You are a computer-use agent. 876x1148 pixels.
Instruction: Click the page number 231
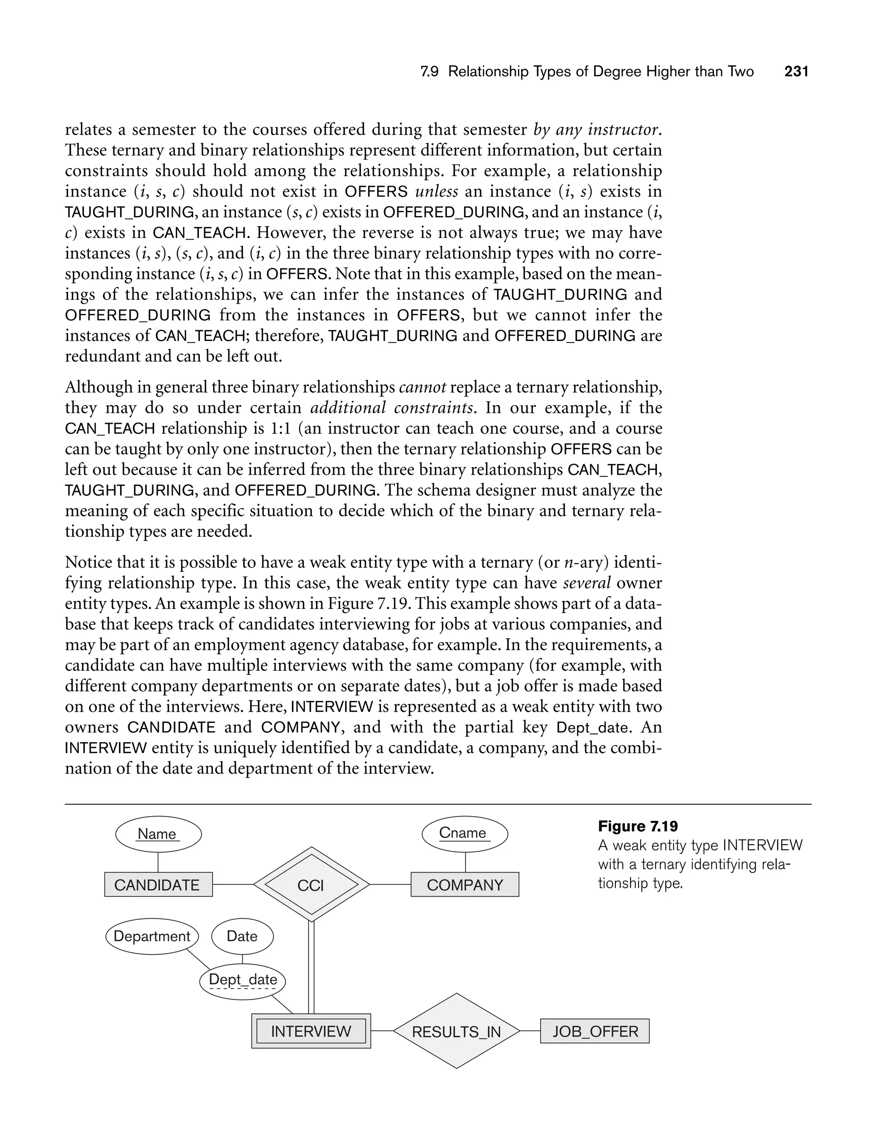pos(796,71)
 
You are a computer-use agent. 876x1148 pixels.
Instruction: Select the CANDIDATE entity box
pos(158,885)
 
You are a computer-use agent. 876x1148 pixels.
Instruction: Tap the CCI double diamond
pos(311,885)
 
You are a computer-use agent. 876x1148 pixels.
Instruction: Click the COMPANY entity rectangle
pos(465,885)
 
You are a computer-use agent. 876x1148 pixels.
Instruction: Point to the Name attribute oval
pos(158,834)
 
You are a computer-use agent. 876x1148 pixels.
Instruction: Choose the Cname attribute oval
pos(464,833)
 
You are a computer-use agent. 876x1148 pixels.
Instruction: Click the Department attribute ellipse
pos(152,936)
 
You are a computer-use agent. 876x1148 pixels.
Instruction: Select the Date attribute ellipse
pos(242,936)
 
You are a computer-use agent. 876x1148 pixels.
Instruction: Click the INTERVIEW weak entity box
pos(311,1031)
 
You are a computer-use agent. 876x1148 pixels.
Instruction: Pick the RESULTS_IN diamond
pos(456,1032)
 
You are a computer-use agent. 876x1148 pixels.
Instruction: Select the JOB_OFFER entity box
pos(595,1031)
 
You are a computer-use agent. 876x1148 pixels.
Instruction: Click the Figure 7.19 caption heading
pos(638,826)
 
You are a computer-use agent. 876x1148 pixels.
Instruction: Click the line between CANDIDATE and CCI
pos(233,885)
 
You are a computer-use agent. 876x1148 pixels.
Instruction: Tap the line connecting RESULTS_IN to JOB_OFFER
pos(530,1031)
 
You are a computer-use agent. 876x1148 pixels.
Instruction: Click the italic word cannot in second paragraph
pos(422,388)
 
